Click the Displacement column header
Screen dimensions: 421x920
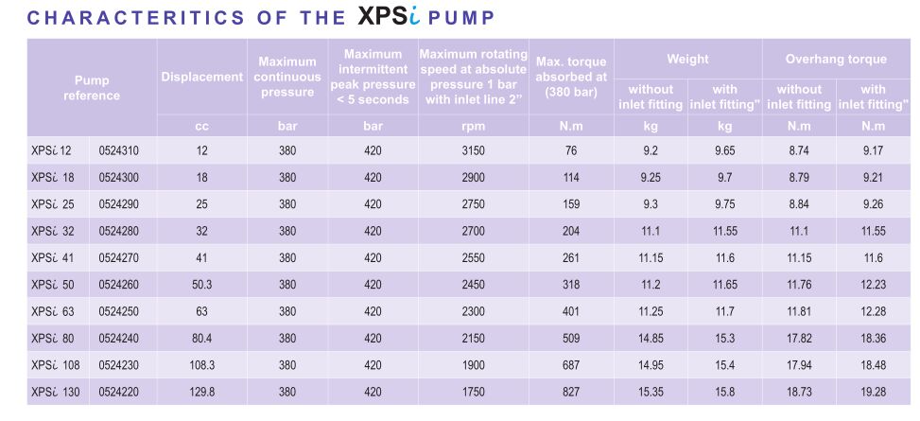click(x=202, y=77)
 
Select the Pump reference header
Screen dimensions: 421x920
click(x=92, y=88)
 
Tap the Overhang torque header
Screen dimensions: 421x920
click(x=836, y=59)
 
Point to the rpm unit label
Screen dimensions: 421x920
click(x=474, y=125)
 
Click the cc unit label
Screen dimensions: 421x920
click(x=201, y=125)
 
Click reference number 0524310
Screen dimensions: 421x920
click(x=119, y=149)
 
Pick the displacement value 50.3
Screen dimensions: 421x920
click(x=201, y=283)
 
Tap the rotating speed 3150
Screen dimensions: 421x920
click(x=474, y=149)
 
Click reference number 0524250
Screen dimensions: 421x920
click(x=119, y=310)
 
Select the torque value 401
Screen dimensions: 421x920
click(x=570, y=310)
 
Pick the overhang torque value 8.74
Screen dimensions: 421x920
click(x=799, y=149)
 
